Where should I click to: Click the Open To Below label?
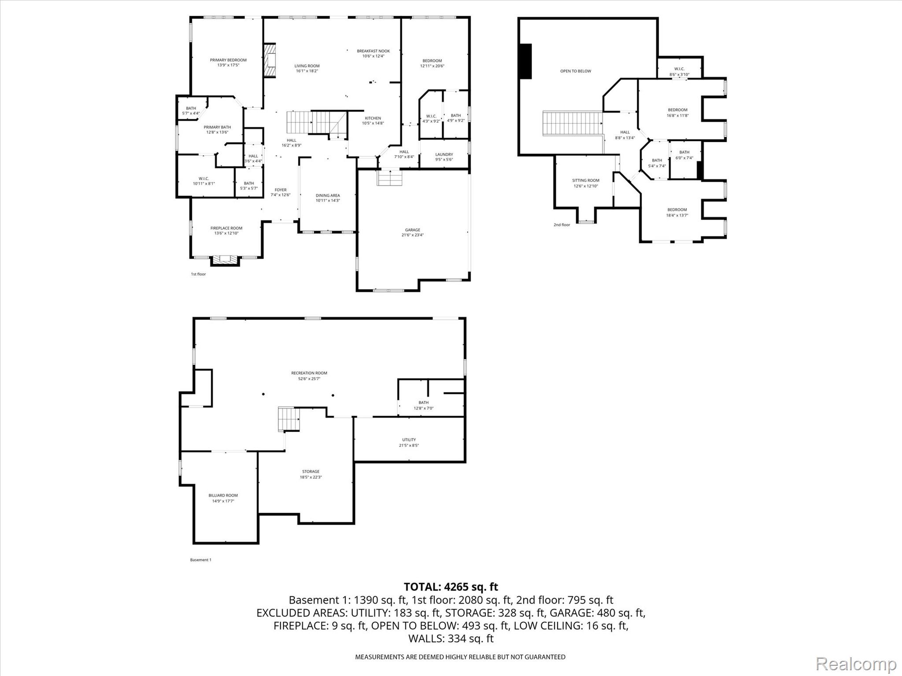576,71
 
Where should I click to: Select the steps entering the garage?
390,177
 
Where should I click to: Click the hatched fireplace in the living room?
270,60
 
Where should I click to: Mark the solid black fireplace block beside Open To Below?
525,61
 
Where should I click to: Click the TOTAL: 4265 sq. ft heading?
451,587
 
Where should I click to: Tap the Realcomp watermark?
856,663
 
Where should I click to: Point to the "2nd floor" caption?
562,225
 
